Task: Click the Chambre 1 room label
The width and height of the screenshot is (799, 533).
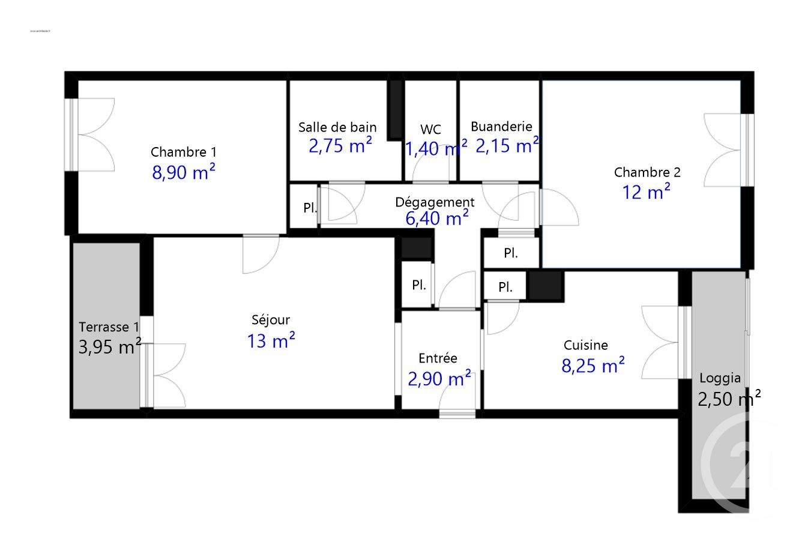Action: [x=184, y=151]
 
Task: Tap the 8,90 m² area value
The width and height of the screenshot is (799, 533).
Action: [x=184, y=173]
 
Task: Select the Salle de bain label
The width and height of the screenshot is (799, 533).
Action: [x=338, y=127]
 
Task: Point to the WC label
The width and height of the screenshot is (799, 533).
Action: [x=430, y=130]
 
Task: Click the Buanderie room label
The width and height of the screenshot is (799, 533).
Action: [x=501, y=127]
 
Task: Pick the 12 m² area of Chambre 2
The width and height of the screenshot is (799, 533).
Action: [x=647, y=193]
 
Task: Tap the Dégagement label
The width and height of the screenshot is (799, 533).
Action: [x=435, y=202]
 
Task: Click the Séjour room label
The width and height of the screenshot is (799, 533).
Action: [x=271, y=320]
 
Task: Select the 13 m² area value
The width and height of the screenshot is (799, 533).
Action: [x=271, y=341]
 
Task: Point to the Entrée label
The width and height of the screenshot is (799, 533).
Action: [x=438, y=358]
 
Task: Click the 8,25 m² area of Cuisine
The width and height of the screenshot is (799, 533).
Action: [x=593, y=365]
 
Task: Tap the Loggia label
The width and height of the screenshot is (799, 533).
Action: [x=720, y=379]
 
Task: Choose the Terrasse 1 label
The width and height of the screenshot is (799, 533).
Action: [x=109, y=327]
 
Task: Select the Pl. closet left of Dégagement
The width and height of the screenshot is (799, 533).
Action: [x=310, y=208]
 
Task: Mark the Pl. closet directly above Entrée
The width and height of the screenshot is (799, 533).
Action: [x=419, y=285]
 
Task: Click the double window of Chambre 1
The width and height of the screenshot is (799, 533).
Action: [x=73, y=134]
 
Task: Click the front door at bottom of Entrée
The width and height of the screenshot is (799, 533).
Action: [x=457, y=412]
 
